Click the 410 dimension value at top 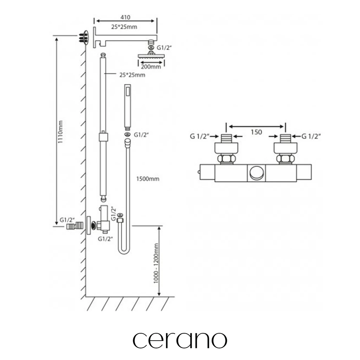126,17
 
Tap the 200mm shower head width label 151,67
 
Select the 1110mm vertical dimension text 60,132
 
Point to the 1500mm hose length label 148,179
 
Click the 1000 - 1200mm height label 156,263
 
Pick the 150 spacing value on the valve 256,132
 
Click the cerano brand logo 180,340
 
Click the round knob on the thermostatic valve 256,173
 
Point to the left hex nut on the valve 226,159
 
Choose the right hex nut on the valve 285,159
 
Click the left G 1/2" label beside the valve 200,136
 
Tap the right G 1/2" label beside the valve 311,136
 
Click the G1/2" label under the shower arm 164,48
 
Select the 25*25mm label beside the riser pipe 132,75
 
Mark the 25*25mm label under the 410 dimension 124,27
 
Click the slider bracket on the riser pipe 103,137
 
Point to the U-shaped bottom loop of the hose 124,250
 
